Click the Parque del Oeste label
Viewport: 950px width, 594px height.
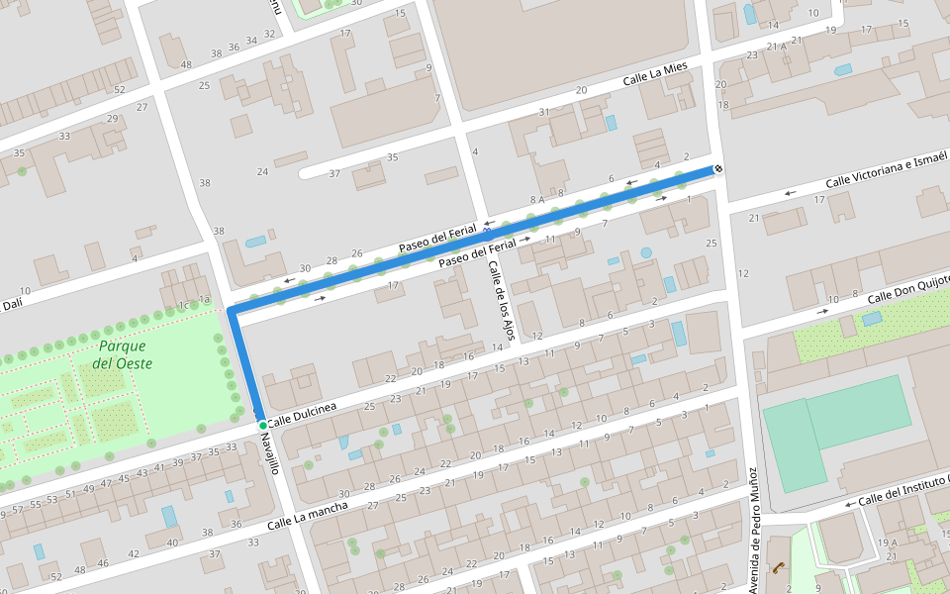tap(122, 354)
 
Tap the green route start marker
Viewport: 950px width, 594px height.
tap(262, 425)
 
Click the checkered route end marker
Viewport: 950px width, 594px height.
tap(718, 168)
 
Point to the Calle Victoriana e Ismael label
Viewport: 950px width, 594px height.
tap(887, 169)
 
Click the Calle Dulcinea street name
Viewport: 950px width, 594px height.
tap(302, 415)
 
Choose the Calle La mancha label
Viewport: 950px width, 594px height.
tap(308, 515)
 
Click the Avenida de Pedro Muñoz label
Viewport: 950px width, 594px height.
tap(754, 531)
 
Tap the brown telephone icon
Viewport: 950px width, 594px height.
tap(780, 567)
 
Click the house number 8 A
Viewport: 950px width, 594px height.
tap(535, 200)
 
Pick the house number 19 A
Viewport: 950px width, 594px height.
tap(887, 542)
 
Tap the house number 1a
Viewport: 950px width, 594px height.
tap(205, 299)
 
